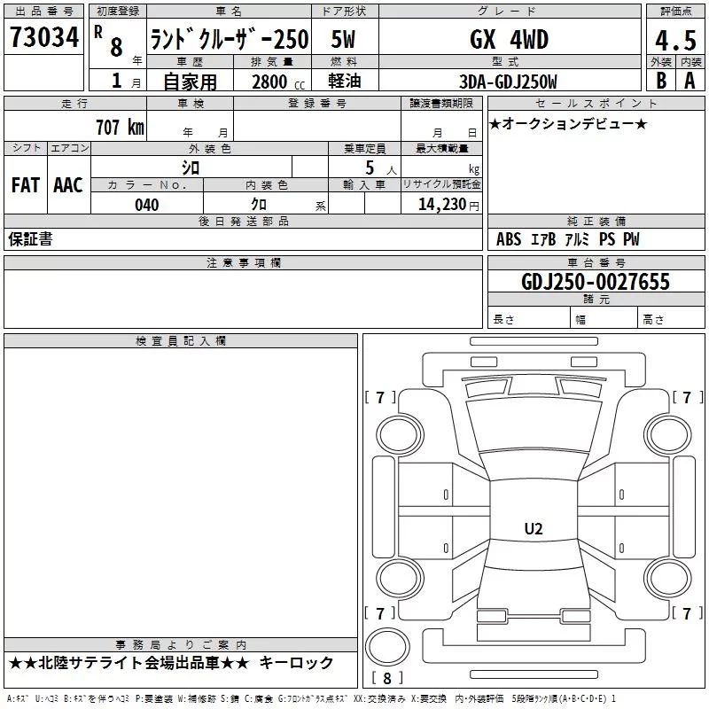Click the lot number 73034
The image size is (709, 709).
tap(44, 37)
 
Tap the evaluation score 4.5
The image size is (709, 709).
tap(675, 41)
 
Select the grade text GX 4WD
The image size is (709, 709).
tap(509, 39)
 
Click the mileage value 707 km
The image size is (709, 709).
tap(120, 127)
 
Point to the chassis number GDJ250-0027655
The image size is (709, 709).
tap(596, 282)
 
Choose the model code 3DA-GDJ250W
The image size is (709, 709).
tap(508, 82)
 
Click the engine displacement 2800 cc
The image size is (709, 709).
tap(278, 82)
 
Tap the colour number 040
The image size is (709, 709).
tap(147, 205)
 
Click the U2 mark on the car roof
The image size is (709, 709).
tap(534, 528)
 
